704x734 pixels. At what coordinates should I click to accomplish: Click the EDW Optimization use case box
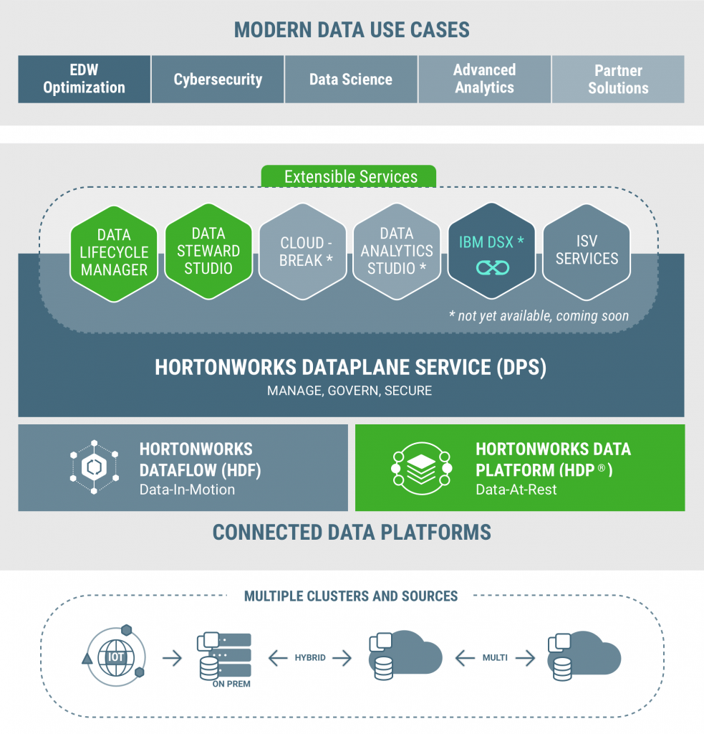point(84,79)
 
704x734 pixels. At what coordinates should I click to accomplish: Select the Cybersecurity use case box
point(218,79)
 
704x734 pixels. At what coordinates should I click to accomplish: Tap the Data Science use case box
point(351,79)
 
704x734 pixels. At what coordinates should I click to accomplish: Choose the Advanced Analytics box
point(484,79)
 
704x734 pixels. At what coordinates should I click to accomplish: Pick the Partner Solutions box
point(618,79)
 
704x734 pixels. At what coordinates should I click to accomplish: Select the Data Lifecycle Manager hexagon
point(114,252)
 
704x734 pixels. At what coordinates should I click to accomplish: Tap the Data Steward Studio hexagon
point(208,251)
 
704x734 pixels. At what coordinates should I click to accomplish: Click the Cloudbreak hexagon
point(303,252)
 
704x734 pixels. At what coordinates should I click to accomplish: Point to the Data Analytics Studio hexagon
point(397,251)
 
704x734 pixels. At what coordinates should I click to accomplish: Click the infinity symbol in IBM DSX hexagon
point(492,267)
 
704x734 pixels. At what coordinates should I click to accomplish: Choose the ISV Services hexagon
point(587,251)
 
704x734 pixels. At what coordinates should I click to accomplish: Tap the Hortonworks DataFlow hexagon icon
point(94,467)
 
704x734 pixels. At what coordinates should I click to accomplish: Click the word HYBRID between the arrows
point(310,657)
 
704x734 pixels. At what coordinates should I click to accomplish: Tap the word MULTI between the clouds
point(495,657)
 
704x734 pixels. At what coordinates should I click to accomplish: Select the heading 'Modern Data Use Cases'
point(352,30)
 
